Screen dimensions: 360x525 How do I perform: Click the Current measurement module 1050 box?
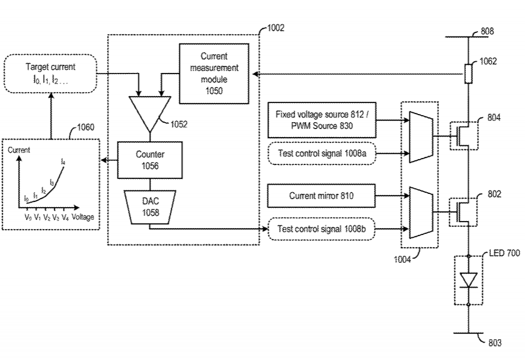pyautogui.click(x=214, y=74)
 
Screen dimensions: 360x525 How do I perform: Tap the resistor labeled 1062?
pyautogui.click(x=467, y=74)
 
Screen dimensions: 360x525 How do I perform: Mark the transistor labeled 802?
pyautogui.click(x=465, y=212)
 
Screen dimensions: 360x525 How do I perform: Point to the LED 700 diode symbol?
pyautogui.click(x=467, y=281)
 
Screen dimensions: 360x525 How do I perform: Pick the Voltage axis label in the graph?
pyautogui.click(x=83, y=218)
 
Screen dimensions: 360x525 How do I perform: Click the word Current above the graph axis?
pyautogui.click(x=19, y=150)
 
